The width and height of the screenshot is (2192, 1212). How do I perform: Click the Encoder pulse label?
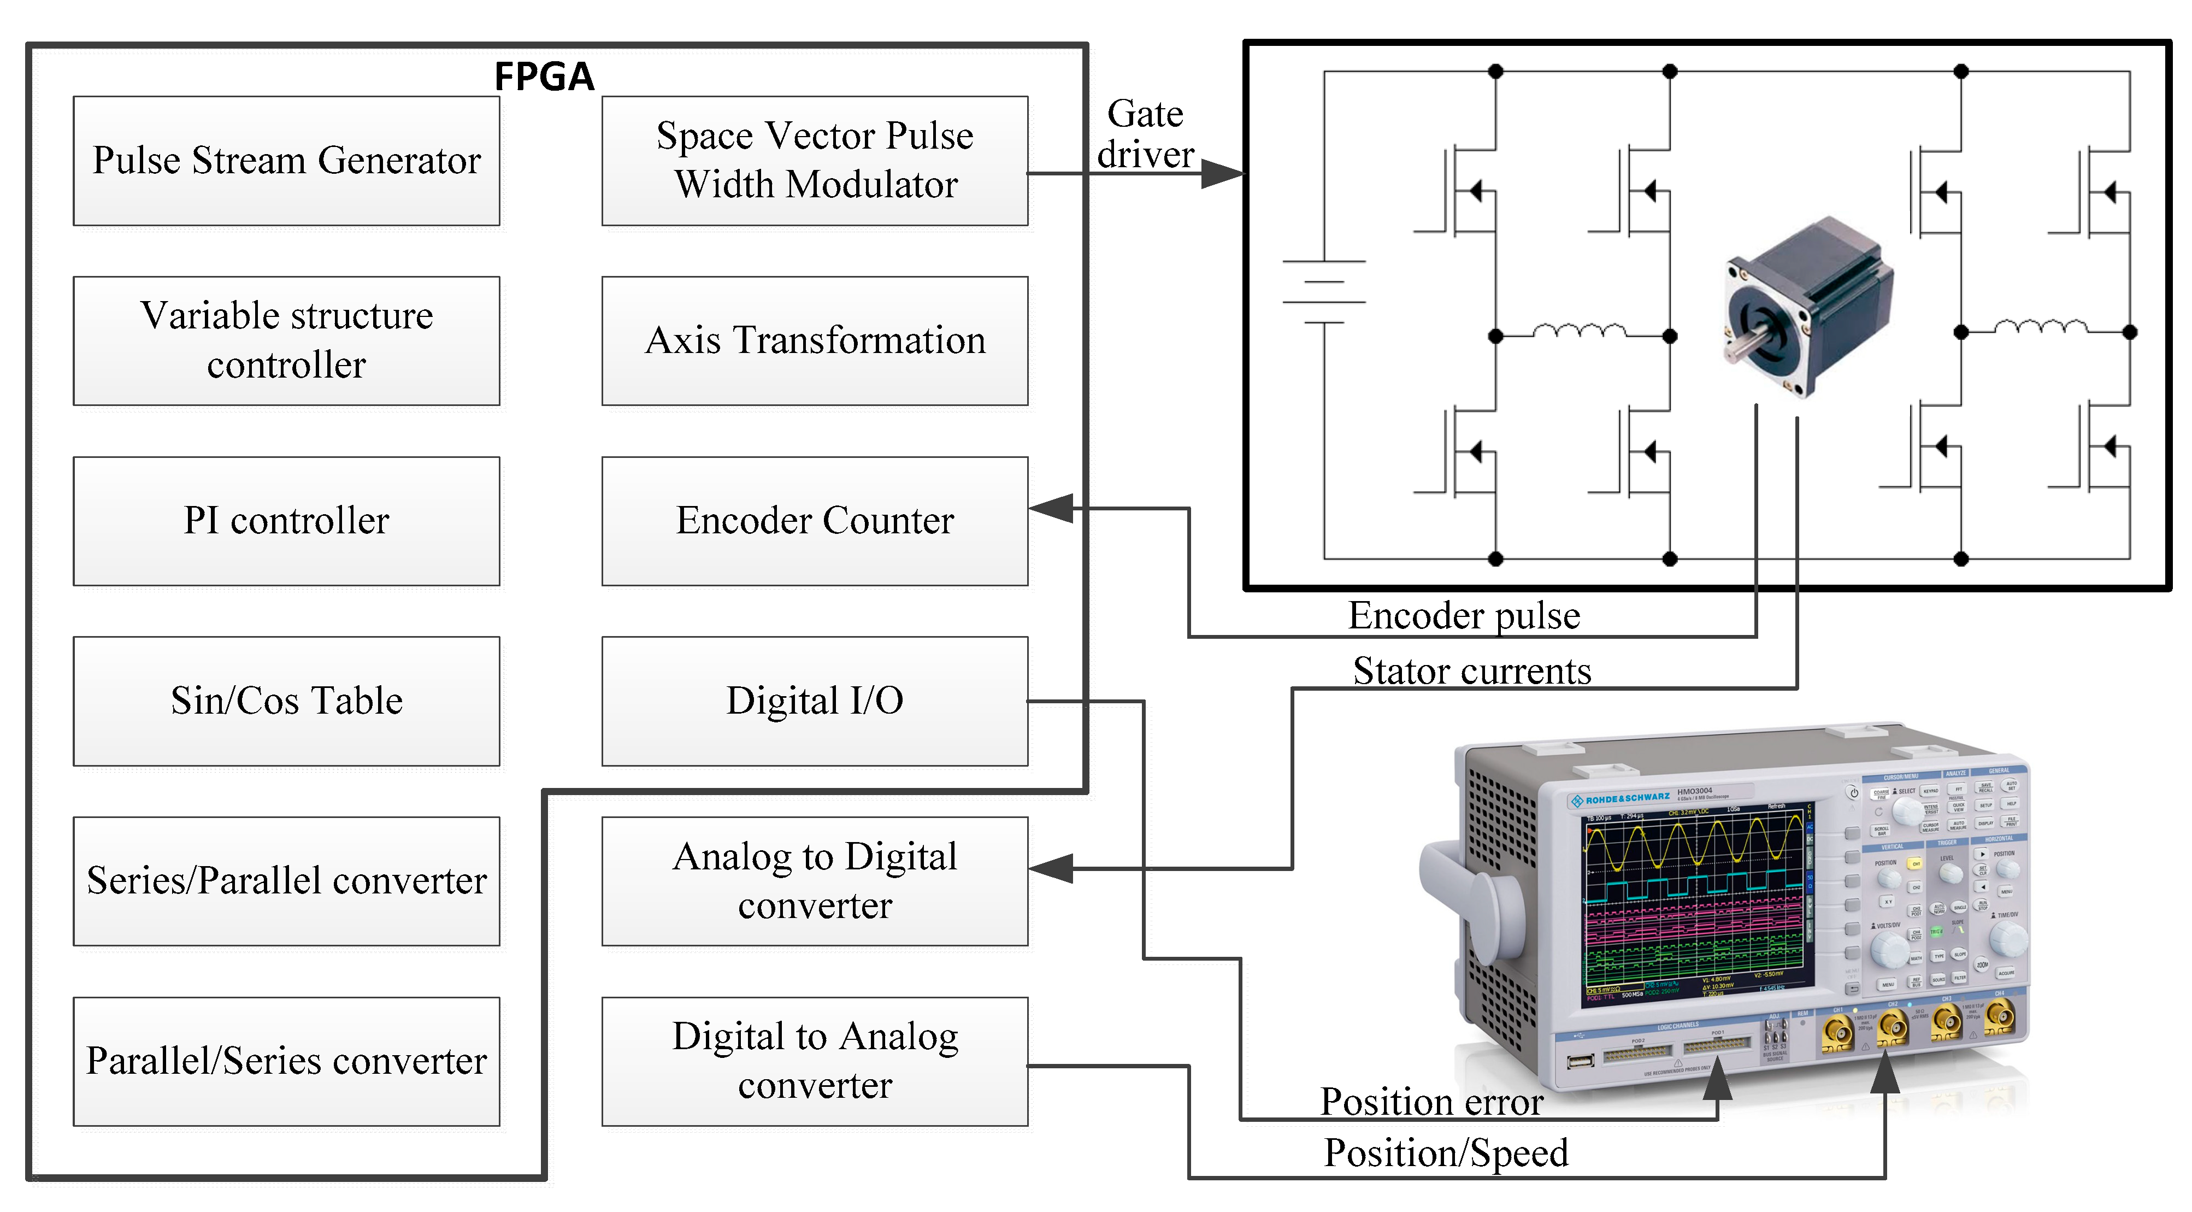point(1464,615)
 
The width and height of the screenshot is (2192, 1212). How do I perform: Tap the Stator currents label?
point(1472,670)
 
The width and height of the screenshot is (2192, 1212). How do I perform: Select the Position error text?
point(1431,1102)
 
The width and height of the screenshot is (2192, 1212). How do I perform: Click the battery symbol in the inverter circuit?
point(1323,291)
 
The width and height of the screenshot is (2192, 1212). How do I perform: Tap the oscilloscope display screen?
point(1693,902)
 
